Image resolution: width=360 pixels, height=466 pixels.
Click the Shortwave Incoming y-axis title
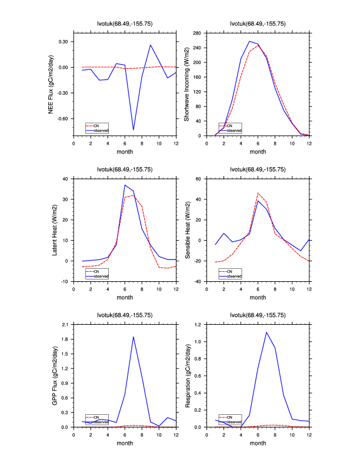pos(186,85)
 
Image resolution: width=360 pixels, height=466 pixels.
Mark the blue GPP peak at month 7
pos(134,337)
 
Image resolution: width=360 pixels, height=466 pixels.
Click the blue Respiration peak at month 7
pos(266,332)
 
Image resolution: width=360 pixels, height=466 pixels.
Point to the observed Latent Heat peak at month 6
pos(125,185)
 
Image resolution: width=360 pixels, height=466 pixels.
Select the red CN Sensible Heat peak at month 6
pos(258,193)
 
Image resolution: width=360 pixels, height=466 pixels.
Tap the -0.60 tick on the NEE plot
pos(62,118)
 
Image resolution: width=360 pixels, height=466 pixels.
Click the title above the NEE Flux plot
pos(125,24)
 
